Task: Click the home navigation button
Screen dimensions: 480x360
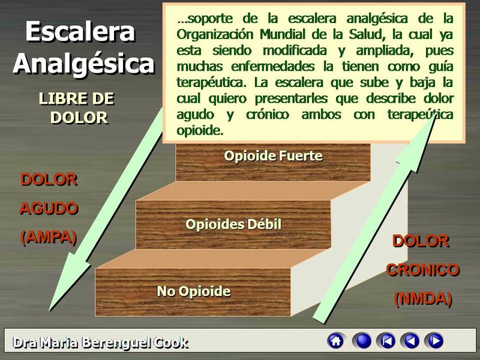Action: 336,341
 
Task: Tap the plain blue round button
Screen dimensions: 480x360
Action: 362,341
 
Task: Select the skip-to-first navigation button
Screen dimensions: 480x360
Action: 386,341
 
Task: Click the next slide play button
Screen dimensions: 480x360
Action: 434,341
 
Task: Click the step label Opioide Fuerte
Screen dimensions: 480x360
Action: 273,156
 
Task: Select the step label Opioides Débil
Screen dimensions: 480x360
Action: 233,224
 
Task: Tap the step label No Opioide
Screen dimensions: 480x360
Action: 193,291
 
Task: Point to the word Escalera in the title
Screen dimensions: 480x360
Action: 80,31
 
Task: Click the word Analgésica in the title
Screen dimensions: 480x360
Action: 83,64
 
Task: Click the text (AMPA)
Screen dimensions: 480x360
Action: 49,237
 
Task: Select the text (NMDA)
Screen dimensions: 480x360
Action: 423,299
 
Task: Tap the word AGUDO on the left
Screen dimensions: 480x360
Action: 49,208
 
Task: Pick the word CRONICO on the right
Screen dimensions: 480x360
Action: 423,269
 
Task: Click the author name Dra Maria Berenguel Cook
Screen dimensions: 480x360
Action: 100,343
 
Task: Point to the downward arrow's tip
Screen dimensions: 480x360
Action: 50,310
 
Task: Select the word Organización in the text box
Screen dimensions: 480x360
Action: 215,35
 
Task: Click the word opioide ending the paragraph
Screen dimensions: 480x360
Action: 199,131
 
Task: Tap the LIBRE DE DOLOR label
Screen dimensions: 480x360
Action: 77,109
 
